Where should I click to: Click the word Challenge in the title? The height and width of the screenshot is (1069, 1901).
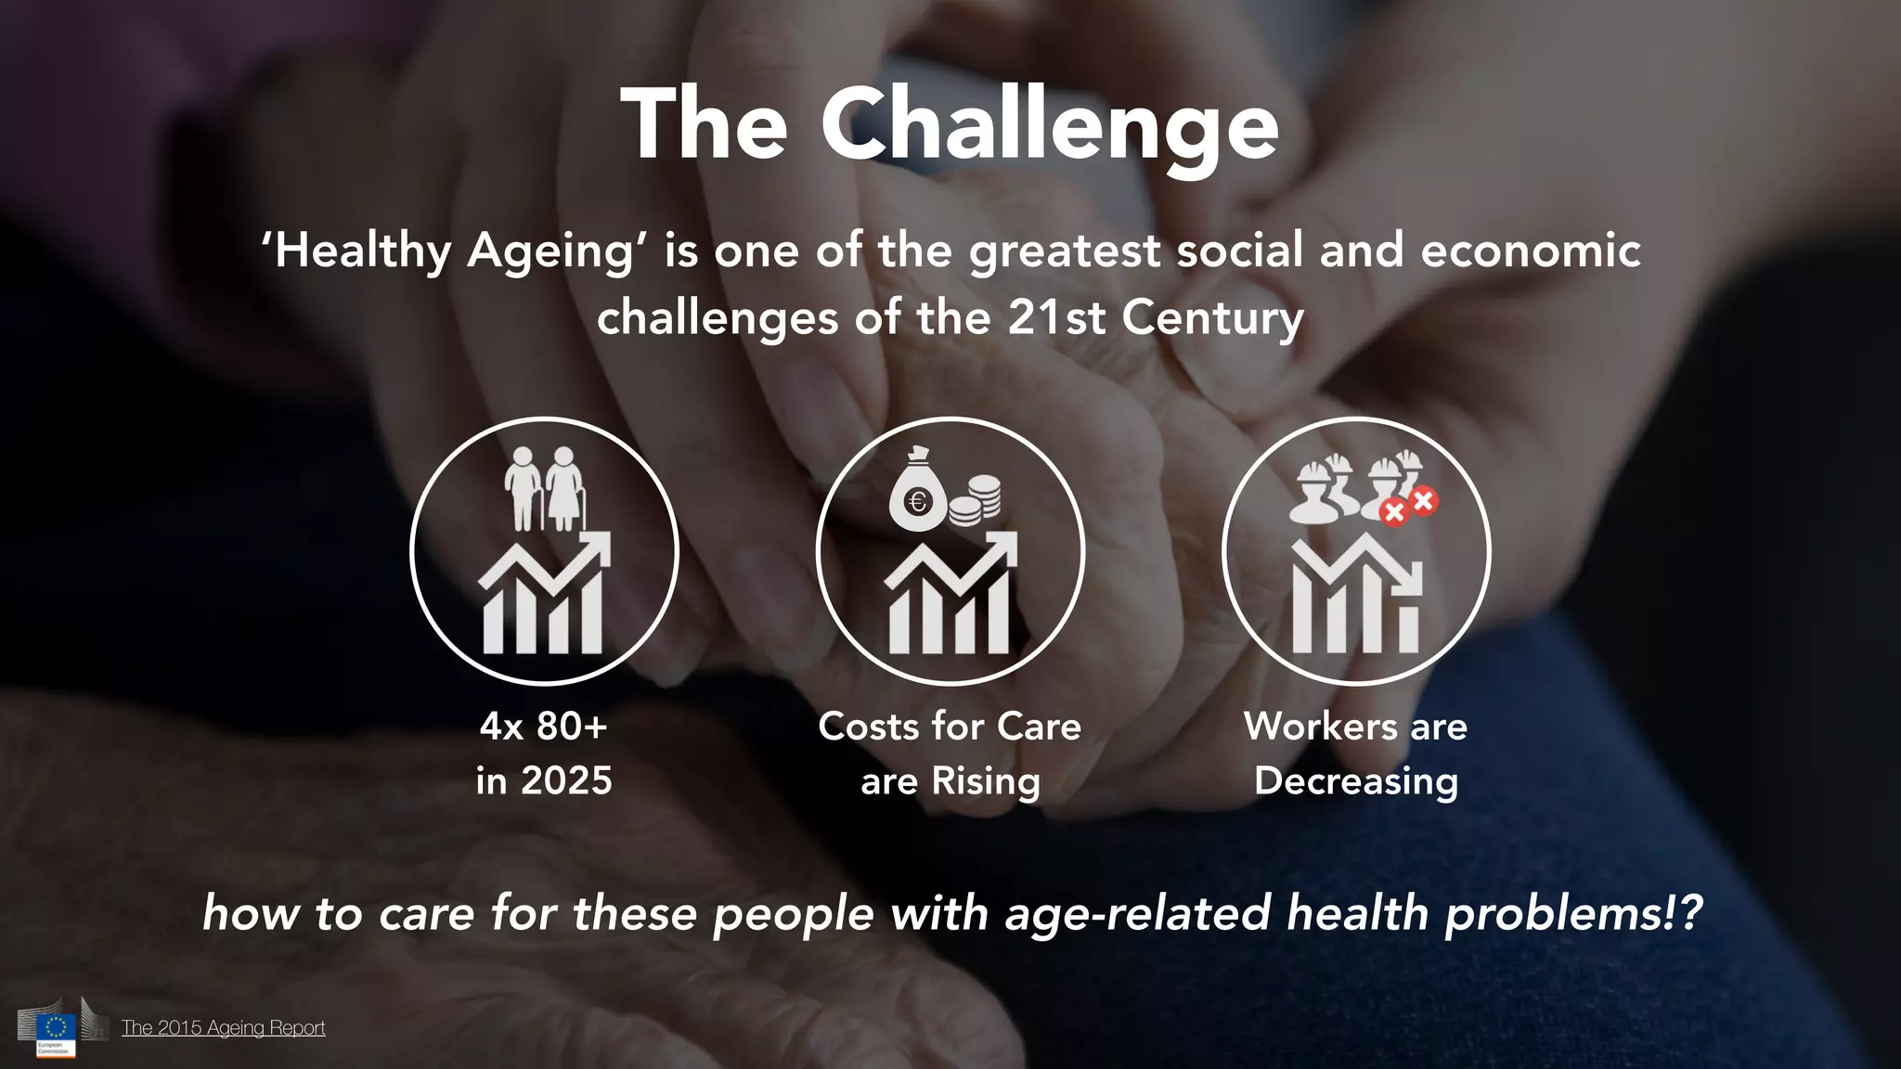pyautogui.click(x=1049, y=125)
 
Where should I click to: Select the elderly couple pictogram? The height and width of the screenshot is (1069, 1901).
pyautogui.click(x=545, y=488)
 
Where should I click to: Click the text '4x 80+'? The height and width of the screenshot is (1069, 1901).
pyautogui.click(x=544, y=727)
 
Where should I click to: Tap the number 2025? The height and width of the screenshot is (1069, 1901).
pyautogui.click(x=566, y=781)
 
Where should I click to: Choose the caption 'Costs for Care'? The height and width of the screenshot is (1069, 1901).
pyautogui.click(x=950, y=727)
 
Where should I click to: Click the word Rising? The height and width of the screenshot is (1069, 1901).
pyautogui.click(x=986, y=781)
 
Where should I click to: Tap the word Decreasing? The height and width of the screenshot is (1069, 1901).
pyautogui.click(x=1356, y=781)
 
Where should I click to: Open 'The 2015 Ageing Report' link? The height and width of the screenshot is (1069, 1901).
pyautogui.click(x=223, y=1028)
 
